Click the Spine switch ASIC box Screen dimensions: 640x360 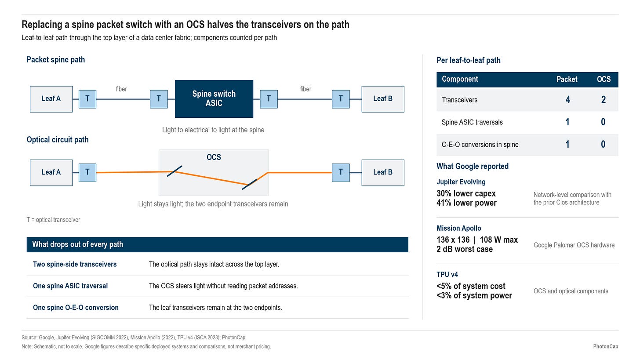(x=214, y=99)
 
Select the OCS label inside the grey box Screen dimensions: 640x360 (x=214, y=157)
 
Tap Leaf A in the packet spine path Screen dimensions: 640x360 (x=51, y=99)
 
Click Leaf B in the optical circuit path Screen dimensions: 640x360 (x=383, y=173)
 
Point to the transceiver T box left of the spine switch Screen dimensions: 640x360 (x=159, y=99)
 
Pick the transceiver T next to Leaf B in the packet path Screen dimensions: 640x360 (x=341, y=99)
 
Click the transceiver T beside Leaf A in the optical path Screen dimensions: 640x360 (x=87, y=173)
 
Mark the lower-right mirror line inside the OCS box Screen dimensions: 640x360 (x=249, y=184)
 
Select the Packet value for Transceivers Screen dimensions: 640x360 (x=568, y=100)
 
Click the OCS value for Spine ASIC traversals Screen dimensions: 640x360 (x=603, y=122)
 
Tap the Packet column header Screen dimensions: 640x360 (x=567, y=79)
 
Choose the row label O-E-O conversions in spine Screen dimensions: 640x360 (x=480, y=145)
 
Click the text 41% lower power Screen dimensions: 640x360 (x=466, y=203)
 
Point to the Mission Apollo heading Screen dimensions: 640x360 (x=459, y=228)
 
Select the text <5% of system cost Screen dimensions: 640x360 (x=471, y=286)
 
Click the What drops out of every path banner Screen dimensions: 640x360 (x=218, y=244)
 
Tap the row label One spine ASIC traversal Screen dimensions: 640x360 (x=70, y=286)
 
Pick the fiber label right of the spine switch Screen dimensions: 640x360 (x=305, y=89)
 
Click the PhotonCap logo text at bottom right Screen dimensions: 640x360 (x=606, y=346)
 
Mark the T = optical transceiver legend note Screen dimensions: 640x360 (x=54, y=220)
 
